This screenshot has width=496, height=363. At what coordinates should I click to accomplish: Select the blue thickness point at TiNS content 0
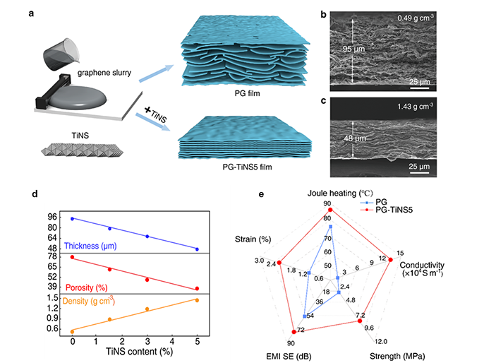[72, 219]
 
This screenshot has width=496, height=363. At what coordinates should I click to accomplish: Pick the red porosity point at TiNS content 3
[147, 280]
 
